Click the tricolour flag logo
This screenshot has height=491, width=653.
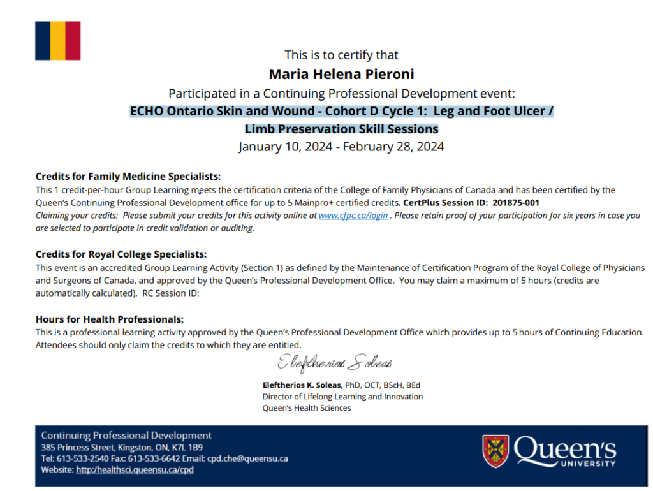point(57,40)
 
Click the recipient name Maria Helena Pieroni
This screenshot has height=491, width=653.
point(342,75)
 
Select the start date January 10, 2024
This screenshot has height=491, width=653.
point(285,147)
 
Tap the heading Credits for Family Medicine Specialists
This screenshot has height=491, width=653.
point(128,177)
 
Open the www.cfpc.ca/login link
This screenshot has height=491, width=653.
point(353,216)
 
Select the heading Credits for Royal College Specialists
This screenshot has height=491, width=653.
point(121,254)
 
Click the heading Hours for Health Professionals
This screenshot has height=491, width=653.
point(110,319)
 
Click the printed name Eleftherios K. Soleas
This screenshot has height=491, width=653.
point(302,385)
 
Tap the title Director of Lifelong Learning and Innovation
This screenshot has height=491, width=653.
point(342,397)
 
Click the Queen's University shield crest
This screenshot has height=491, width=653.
point(495,451)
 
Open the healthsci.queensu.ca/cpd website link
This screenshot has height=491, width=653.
point(135,470)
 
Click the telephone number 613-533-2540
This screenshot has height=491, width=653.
point(80,458)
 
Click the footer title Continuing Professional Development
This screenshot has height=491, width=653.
point(126,436)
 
